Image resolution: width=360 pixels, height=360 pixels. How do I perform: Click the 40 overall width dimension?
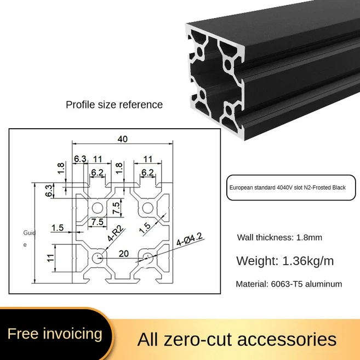point(122,139)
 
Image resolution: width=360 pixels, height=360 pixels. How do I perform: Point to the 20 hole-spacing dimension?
point(124,253)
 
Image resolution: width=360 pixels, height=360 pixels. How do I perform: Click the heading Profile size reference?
point(114,105)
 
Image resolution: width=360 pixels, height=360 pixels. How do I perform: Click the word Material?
point(253,284)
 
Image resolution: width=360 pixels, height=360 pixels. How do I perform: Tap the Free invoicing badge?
point(55,333)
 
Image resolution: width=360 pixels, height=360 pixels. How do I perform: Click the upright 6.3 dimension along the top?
point(80,159)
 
